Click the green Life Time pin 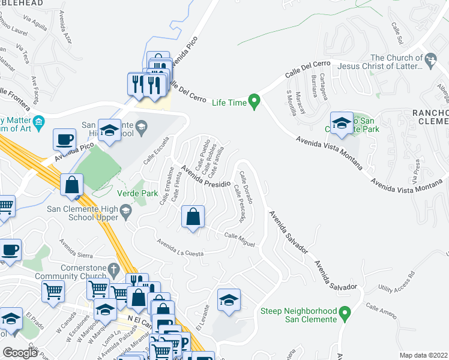pyautogui.click(x=255, y=101)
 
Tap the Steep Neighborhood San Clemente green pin pyautogui.click(x=345, y=313)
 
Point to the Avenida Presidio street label pyautogui.click(x=206, y=176)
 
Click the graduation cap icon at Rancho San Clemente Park pyautogui.click(x=342, y=124)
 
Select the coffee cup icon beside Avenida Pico pyautogui.click(x=65, y=140)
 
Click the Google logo pyautogui.click(x=20, y=352)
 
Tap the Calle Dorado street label pyautogui.click(x=246, y=186)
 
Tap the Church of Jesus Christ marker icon pyautogui.click(x=430, y=59)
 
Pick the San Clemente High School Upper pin pyautogui.click(x=125, y=210)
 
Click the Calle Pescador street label pyautogui.click(x=240, y=204)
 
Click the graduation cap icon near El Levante pyautogui.click(x=228, y=301)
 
